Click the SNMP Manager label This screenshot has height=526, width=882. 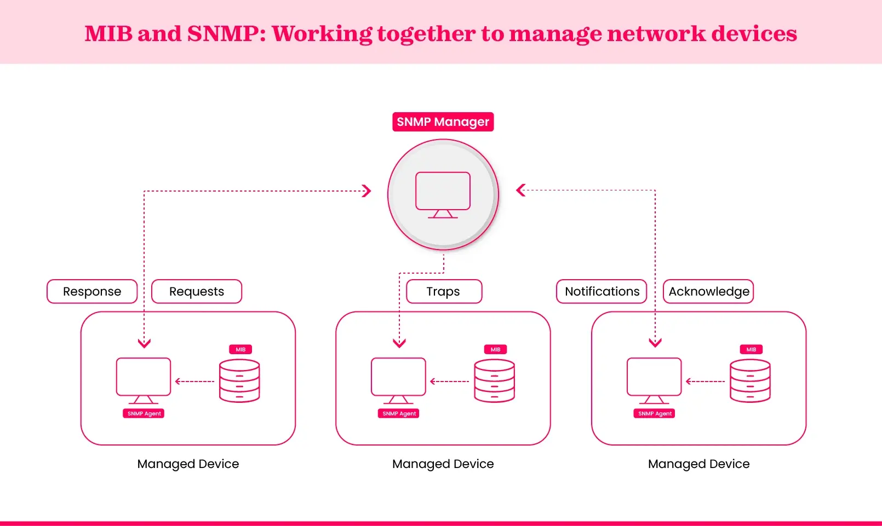pyautogui.click(x=443, y=122)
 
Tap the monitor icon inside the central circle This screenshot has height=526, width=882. pyautogui.click(x=443, y=194)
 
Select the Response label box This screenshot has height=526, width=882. pyautogui.click(x=92, y=291)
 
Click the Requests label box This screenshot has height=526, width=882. pyautogui.click(x=196, y=291)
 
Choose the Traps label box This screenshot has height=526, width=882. pyautogui.click(x=444, y=291)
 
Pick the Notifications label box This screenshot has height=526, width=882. pyautogui.click(x=602, y=291)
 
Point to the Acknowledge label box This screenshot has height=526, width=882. pyautogui.click(x=708, y=291)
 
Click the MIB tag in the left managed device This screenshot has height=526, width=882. pyautogui.click(x=240, y=349)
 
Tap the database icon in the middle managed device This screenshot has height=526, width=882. pyautogui.click(x=494, y=380)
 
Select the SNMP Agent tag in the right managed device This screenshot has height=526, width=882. pyautogui.click(x=655, y=414)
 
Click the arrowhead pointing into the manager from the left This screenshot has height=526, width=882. pyautogui.click(x=366, y=191)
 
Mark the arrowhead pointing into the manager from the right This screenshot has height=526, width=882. pyautogui.click(x=521, y=190)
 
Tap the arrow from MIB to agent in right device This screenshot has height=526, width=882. pyautogui.click(x=705, y=382)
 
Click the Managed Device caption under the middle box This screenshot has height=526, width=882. pyautogui.click(x=443, y=464)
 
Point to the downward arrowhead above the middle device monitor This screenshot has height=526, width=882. pyautogui.click(x=399, y=343)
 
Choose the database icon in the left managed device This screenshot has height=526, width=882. pyautogui.click(x=239, y=380)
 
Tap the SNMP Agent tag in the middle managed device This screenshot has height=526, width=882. pyautogui.click(x=399, y=414)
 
